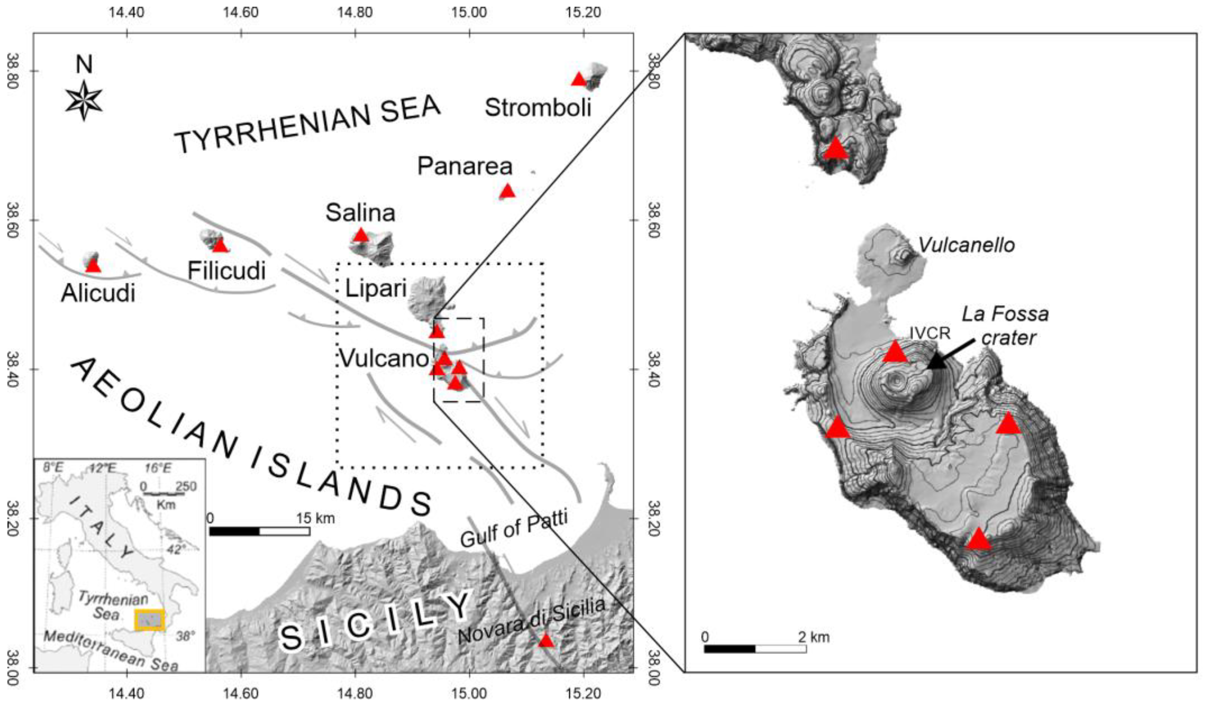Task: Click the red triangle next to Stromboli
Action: pyautogui.click(x=579, y=79)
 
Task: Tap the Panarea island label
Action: pyautogui.click(x=465, y=166)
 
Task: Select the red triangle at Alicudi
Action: pyautogui.click(x=93, y=265)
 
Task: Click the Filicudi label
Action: pyautogui.click(x=226, y=270)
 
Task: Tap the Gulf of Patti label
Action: pyautogui.click(x=514, y=528)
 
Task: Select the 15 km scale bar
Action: pyautogui.click(x=260, y=531)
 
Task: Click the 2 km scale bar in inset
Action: pyautogui.click(x=755, y=648)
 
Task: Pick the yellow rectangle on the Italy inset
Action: pyautogui.click(x=149, y=619)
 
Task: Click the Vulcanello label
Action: pyautogui.click(x=966, y=246)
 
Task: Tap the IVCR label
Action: pyautogui.click(x=930, y=334)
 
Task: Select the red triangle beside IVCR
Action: pyautogui.click(x=895, y=352)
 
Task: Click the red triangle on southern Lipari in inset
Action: pyautogui.click(x=836, y=148)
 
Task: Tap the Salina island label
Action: pyautogui.click(x=360, y=213)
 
